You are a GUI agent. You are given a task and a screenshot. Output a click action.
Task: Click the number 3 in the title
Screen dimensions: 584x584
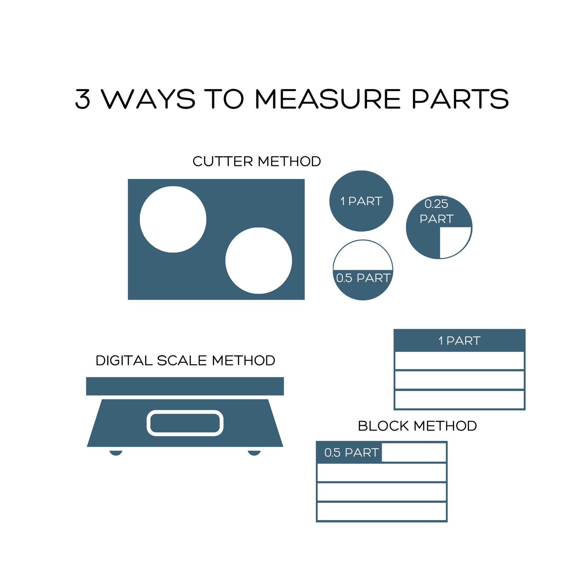[x=83, y=99]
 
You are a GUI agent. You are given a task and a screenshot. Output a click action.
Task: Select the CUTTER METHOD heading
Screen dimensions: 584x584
[x=257, y=161]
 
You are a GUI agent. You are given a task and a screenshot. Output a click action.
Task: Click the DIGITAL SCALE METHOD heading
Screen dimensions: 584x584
[x=185, y=360]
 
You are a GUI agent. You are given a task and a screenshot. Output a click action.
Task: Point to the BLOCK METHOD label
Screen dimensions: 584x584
[x=417, y=426]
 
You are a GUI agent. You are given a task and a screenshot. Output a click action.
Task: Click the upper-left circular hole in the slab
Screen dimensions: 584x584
[x=173, y=220]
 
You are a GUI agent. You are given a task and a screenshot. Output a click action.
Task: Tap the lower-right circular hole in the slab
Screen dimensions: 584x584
[x=259, y=260]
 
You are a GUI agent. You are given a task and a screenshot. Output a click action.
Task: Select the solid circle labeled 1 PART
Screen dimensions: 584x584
[x=361, y=201]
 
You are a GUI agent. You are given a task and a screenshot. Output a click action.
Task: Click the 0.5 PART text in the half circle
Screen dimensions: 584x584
[x=363, y=278]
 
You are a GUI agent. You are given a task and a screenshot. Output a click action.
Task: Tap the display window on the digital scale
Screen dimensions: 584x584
[x=185, y=423]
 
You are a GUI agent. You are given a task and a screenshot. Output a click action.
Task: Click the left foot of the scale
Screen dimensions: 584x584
[x=116, y=453]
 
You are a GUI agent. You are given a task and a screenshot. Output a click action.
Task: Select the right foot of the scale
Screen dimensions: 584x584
[x=254, y=453]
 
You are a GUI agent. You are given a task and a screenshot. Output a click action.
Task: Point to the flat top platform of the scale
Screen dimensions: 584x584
[x=185, y=386]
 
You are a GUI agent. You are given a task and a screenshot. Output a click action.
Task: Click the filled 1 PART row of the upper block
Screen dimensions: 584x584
[x=459, y=341]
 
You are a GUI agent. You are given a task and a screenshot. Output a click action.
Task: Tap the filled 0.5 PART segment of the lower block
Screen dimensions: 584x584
[x=349, y=452]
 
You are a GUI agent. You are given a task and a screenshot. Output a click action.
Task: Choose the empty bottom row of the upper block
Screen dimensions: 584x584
[x=459, y=400]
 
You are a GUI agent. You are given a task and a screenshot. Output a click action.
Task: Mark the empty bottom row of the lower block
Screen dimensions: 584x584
[x=382, y=512]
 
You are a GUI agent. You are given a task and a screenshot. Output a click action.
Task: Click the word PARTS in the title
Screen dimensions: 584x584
[x=460, y=99]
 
